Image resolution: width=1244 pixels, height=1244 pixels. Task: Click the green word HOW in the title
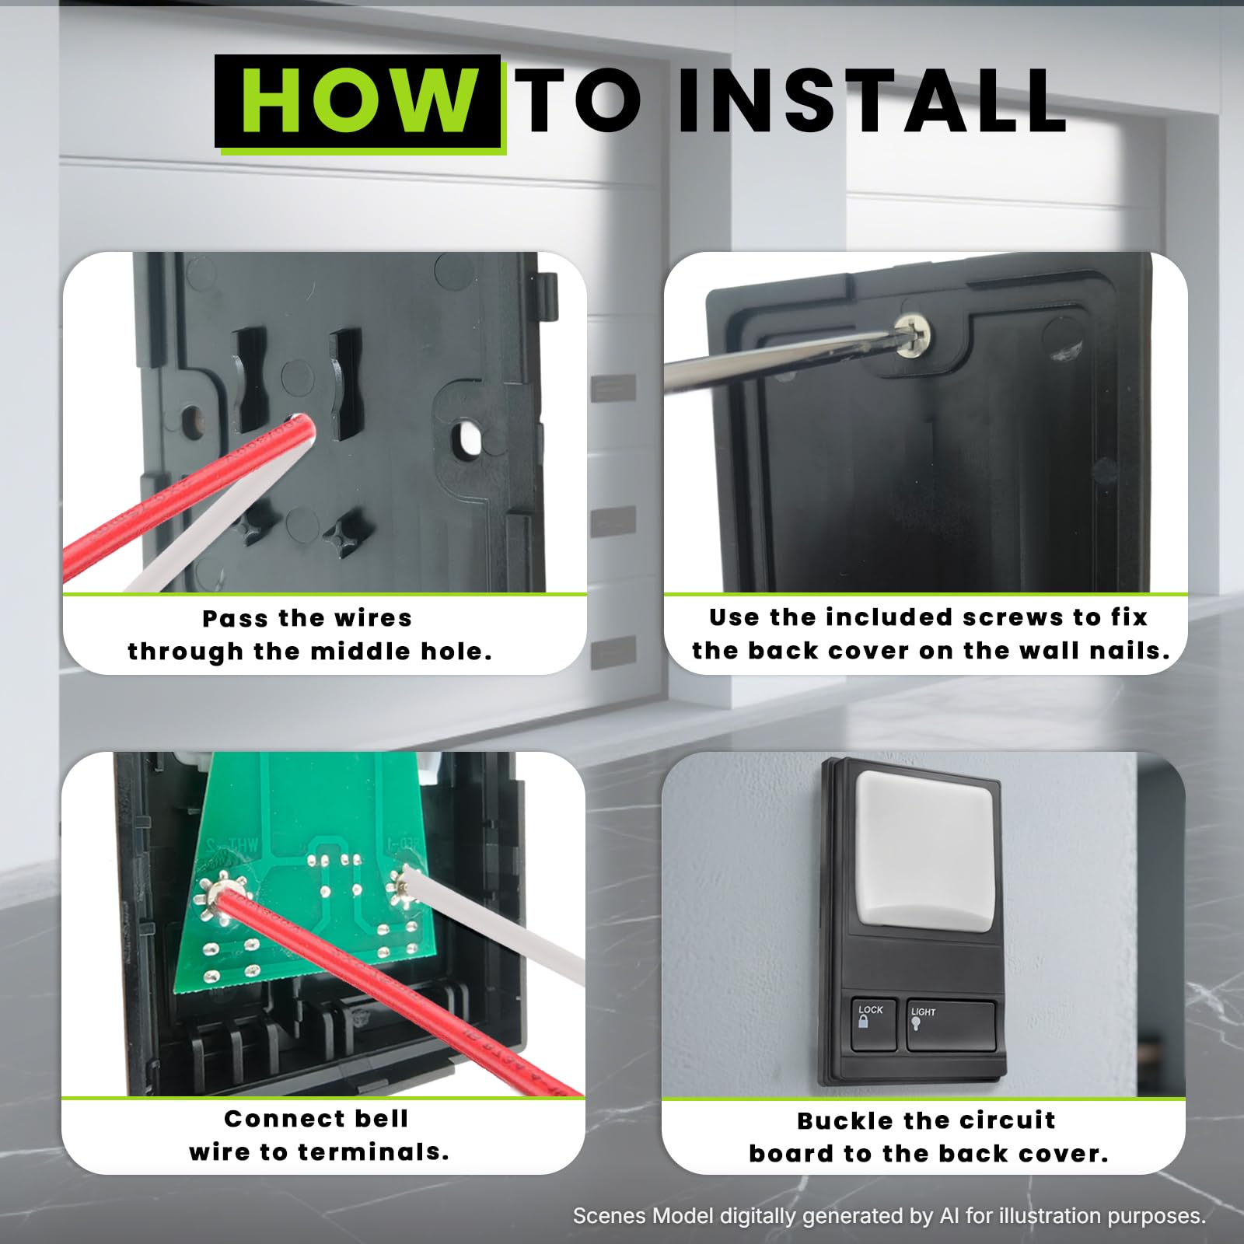[x=358, y=100]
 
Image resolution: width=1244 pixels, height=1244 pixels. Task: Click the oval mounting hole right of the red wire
[x=466, y=437]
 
